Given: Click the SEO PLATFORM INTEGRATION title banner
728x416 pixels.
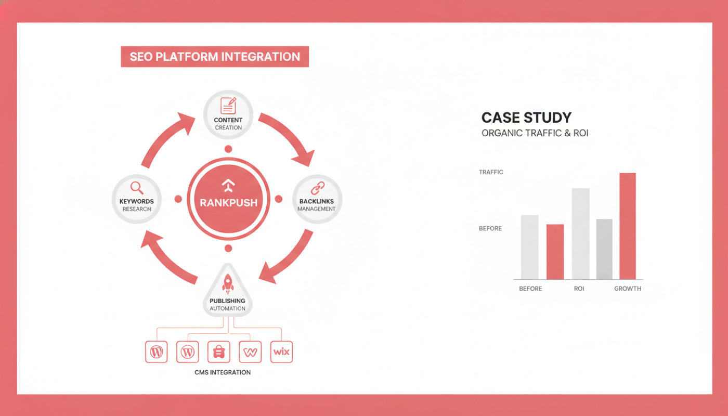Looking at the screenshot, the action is (x=215, y=57).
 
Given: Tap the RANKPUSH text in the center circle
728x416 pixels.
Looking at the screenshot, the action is (x=228, y=203).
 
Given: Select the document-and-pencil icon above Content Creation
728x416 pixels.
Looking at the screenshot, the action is (x=228, y=105).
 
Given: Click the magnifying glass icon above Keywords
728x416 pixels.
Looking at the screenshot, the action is (x=136, y=188).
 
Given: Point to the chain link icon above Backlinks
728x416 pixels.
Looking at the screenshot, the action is (x=318, y=188).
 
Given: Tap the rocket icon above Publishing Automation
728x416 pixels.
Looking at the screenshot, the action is (x=228, y=284).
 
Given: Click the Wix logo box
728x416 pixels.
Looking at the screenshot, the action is (x=281, y=352).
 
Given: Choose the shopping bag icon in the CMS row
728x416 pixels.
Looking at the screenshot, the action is (x=219, y=352).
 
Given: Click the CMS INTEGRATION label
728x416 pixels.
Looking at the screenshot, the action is (x=223, y=372).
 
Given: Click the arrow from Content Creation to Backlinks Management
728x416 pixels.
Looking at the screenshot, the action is (x=290, y=136).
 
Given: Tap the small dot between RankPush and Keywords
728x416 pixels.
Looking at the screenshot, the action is (x=178, y=199).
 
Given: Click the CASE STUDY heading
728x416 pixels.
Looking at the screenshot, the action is (x=526, y=118).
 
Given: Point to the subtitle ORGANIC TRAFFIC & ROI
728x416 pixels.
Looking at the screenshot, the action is (x=535, y=133).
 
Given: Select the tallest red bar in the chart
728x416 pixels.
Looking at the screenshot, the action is (x=628, y=226).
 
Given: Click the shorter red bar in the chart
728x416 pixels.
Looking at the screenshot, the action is (x=555, y=252).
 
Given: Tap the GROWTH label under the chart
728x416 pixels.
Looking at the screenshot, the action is (x=628, y=289).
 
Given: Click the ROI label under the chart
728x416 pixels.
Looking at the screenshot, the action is (x=579, y=289).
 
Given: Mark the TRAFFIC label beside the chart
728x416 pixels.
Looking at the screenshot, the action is (x=491, y=172).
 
